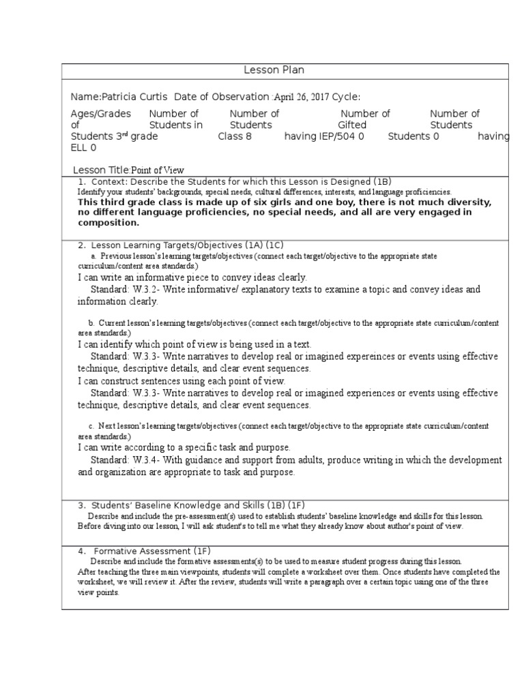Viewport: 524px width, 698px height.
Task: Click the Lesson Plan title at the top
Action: click(274, 70)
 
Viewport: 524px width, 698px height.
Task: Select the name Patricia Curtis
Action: click(134, 97)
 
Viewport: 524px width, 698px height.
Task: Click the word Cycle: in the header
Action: click(345, 97)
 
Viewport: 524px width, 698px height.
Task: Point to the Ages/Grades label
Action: click(100, 114)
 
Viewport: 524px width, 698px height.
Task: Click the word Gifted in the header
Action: click(352, 125)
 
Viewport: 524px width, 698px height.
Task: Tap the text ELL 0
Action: click(84, 147)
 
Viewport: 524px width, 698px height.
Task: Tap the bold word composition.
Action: click(108, 222)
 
